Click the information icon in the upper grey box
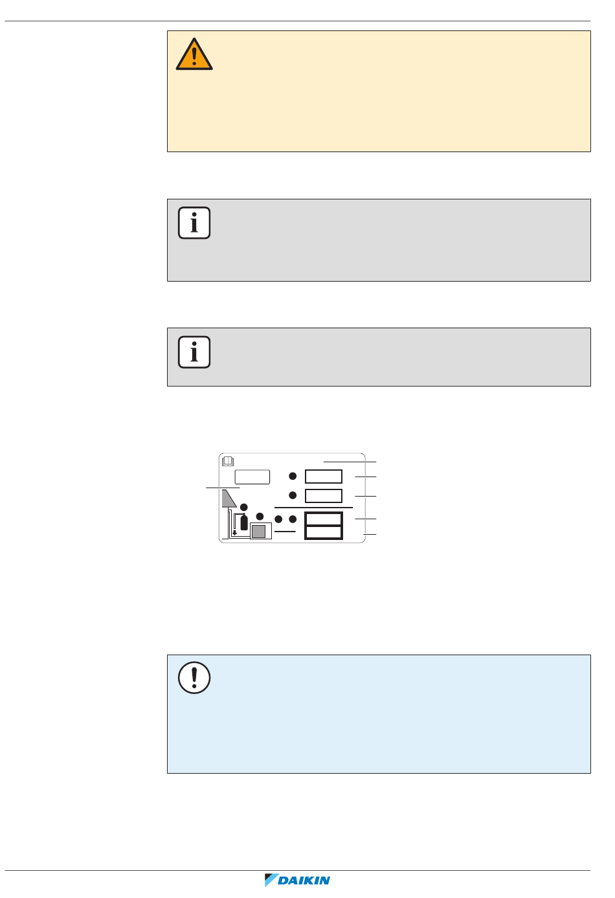194,223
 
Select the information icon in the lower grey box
194,352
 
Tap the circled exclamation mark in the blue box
194,678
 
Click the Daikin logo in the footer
298,881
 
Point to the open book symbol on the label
228,462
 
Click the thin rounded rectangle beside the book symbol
252,477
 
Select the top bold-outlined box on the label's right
324,477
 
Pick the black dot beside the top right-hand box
293,477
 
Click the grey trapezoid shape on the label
228,498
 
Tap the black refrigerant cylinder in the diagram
244,522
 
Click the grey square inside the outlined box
258,532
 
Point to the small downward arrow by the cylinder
234,532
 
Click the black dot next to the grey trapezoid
243,507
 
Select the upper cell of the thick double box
324,519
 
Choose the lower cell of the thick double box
324,532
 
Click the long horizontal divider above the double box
313,508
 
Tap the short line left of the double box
285,532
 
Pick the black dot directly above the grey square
260,516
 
